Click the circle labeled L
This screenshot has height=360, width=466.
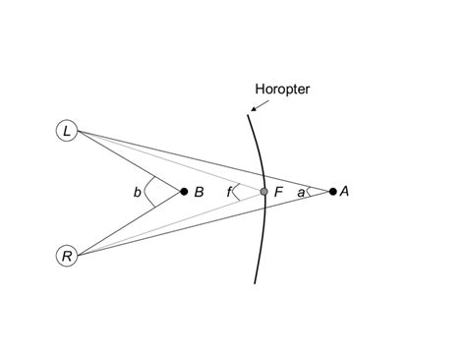[67, 130]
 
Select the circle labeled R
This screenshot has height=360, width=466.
[67, 256]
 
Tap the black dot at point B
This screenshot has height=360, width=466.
[184, 192]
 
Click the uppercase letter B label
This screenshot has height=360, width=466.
[199, 193]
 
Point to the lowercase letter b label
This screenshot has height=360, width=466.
[138, 193]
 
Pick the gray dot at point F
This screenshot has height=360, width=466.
[263, 192]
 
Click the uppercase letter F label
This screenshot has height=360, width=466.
[279, 193]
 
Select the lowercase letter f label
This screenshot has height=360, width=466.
[228, 193]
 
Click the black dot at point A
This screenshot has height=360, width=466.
[332, 192]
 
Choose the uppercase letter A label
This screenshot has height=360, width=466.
[345, 192]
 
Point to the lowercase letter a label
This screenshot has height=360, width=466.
[301, 193]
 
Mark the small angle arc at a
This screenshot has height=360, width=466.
[310, 192]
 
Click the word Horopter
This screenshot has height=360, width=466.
[283, 90]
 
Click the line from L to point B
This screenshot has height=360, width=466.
[128, 160]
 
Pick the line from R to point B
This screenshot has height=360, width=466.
[128, 224]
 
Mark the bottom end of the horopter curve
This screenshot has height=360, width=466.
[256, 282]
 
